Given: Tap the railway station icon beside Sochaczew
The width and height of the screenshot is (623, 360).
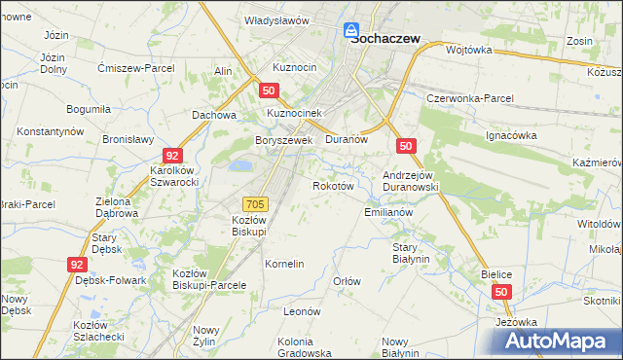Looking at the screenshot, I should (356, 31).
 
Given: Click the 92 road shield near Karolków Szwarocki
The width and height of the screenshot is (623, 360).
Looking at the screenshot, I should (172, 156).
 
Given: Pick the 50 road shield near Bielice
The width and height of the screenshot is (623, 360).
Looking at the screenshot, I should (501, 291).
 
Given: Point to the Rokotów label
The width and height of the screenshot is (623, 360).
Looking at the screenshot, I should (331, 186).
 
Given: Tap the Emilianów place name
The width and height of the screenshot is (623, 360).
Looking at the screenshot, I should (389, 211).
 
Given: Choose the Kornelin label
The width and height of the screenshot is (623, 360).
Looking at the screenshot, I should (285, 264).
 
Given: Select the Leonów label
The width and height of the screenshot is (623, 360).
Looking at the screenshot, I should (302, 311).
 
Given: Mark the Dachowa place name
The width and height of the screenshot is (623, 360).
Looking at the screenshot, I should (215, 114).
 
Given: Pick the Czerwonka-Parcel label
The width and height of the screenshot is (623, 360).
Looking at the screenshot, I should (471, 98).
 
